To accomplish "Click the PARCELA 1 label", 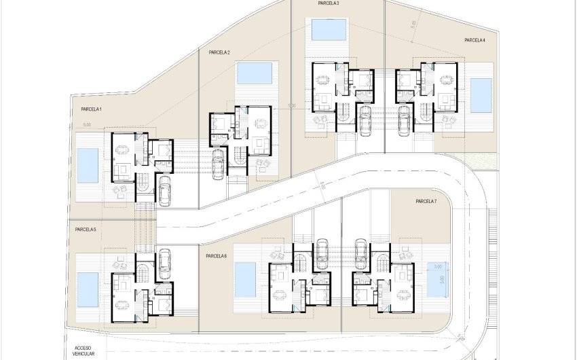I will pyautogui.click(x=91, y=109).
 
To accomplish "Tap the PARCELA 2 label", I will pyautogui.click(x=219, y=52).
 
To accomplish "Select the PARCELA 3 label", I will pyautogui.click(x=329, y=3).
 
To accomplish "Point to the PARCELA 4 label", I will pyautogui.click(x=474, y=41).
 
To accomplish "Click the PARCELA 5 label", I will pyautogui.click(x=86, y=230).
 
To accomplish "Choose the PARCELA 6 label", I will pyautogui.click(x=216, y=256).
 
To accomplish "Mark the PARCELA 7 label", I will pyautogui.click(x=426, y=202).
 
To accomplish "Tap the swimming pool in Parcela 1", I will pyautogui.click(x=88, y=166).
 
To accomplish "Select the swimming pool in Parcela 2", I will pyautogui.click(x=255, y=73).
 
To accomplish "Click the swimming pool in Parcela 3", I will pyautogui.click(x=328, y=30).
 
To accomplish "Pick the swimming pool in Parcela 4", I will pyautogui.click(x=481, y=95).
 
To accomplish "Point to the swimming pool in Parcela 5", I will pyautogui.click(x=88, y=289).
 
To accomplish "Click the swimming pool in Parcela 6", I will pyautogui.click(x=244, y=279).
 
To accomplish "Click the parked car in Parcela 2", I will pyautogui.click(x=218, y=164).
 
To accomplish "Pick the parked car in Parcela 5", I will pyautogui.click(x=164, y=260).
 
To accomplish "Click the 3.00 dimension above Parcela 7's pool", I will pyautogui.click(x=438, y=266).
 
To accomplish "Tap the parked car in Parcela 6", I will pyautogui.click(x=322, y=253).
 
